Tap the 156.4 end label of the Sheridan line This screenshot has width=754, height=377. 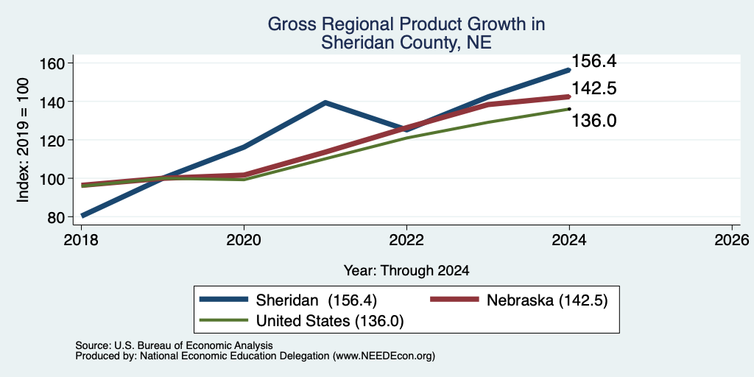click(594, 62)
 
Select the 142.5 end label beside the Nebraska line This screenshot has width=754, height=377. click(594, 88)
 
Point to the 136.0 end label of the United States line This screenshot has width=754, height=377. click(594, 121)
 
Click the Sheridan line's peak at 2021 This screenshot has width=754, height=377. click(325, 102)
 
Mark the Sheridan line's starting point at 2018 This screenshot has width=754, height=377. click(82, 216)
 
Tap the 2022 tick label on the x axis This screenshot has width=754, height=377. click(406, 239)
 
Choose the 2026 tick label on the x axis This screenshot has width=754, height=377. click(732, 239)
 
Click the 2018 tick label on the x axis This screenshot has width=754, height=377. click(82, 239)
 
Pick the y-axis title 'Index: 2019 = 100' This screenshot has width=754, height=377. click(23, 140)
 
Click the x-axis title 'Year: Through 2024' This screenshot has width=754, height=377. click(406, 271)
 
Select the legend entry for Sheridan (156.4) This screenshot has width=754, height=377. click(288, 300)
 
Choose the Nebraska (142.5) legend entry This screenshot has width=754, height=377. click(519, 300)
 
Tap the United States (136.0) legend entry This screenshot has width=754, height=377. click(301, 321)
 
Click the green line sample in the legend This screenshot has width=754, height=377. click(224, 320)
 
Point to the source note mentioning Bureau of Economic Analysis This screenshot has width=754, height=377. click(174, 345)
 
